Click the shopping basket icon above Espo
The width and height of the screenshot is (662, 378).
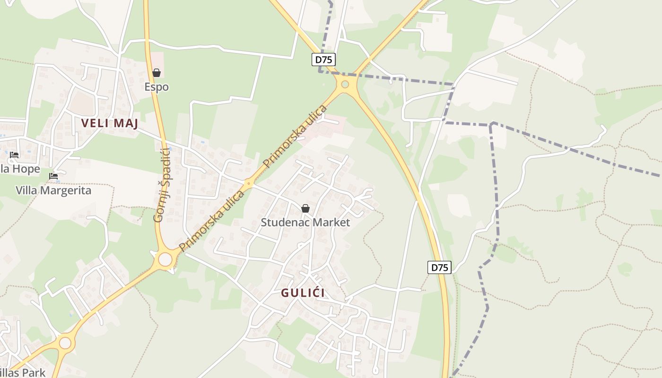pyautogui.click(x=157, y=73)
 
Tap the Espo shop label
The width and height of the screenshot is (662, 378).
pyautogui.click(x=157, y=87)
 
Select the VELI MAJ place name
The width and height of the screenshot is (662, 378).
pyautogui.click(x=109, y=123)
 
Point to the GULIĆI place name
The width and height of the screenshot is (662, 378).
pyautogui.click(x=303, y=293)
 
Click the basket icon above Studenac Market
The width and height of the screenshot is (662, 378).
pyautogui.click(x=305, y=208)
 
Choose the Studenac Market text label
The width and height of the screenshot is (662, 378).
pyautogui.click(x=305, y=222)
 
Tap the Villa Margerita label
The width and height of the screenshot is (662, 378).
pyautogui.click(x=53, y=190)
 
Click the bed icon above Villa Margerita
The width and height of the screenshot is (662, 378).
pyautogui.click(x=53, y=176)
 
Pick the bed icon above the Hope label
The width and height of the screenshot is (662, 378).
pyautogui.click(x=14, y=155)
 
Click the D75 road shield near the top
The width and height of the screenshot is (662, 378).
pyautogui.click(x=324, y=60)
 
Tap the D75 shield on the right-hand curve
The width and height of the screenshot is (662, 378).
pyautogui.click(x=440, y=267)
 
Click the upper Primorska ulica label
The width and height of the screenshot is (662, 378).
pyautogui.click(x=295, y=137)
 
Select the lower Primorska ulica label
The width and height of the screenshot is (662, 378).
pyautogui.click(x=211, y=221)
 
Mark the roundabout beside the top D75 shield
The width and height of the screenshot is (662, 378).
pyautogui.click(x=345, y=85)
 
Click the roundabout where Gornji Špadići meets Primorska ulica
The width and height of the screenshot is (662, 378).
pyautogui.click(x=165, y=259)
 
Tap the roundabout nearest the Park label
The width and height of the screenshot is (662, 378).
pyautogui.click(x=65, y=343)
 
